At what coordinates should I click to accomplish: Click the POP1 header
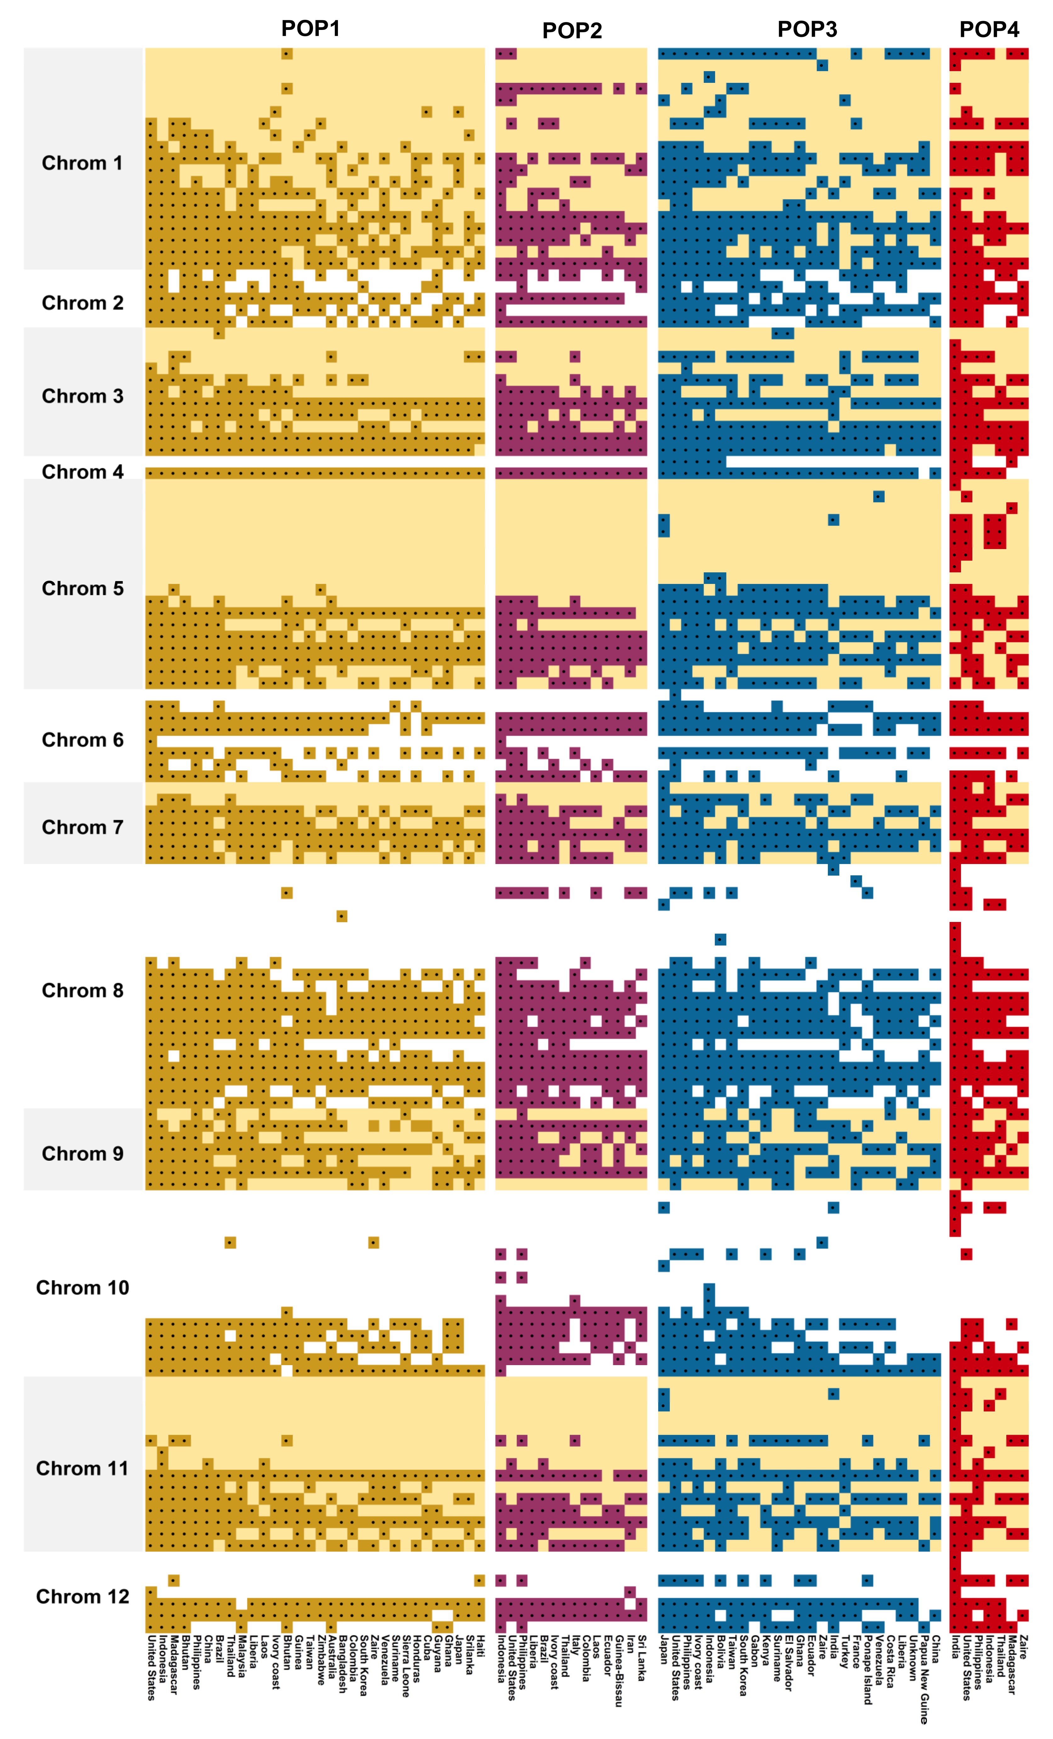point(310,28)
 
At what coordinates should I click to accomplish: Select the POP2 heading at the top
point(572,30)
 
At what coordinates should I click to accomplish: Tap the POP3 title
point(807,29)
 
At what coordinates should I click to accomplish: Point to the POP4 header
point(989,29)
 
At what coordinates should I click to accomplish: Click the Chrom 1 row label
point(83,163)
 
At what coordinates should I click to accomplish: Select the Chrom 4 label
point(83,472)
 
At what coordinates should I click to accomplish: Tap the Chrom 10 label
point(83,1287)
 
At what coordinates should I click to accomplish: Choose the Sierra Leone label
point(406,1666)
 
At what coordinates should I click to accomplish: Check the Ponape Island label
point(868,1669)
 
